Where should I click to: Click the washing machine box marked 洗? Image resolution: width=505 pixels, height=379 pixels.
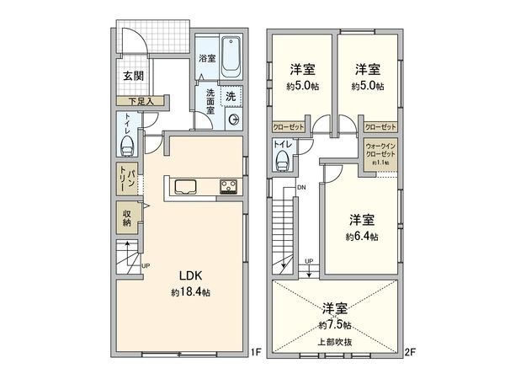tap(231, 96)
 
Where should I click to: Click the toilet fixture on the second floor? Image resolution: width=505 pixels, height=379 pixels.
tap(282, 160)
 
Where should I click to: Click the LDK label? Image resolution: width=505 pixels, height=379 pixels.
tap(189, 275)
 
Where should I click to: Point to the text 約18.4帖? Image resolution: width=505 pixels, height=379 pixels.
tap(189, 292)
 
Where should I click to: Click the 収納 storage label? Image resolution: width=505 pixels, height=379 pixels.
tap(127, 218)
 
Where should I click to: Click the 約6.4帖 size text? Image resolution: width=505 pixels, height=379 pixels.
tap(362, 238)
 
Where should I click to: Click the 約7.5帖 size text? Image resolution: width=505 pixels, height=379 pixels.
tap(335, 324)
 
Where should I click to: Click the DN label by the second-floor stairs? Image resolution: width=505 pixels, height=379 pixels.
tap(301, 187)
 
